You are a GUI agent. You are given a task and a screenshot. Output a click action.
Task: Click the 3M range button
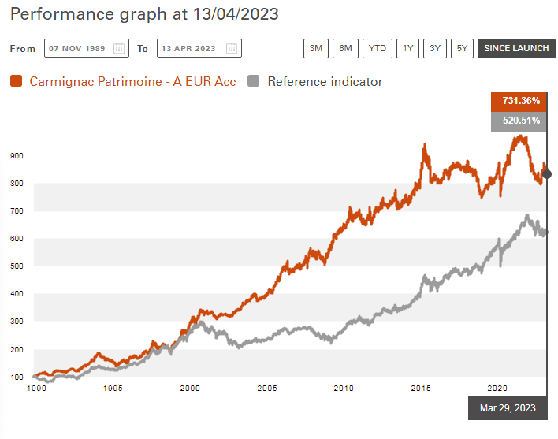coord(316,48)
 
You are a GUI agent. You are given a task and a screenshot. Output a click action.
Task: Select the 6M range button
coord(345,48)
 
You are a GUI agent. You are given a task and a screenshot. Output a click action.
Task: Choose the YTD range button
coord(378,48)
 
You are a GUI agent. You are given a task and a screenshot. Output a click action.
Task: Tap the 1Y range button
coord(407,48)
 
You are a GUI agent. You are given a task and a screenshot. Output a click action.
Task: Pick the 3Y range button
coord(434,48)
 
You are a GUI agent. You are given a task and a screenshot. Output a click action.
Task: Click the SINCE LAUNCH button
coord(515,48)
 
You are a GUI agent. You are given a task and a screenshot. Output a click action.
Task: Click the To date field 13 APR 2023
coord(199,48)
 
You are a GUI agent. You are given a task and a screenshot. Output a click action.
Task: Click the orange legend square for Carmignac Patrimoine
coord(16,81)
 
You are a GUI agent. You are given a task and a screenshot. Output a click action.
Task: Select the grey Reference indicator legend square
coord(254,81)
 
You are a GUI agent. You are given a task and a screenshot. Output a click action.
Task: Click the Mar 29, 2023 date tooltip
coord(508,407)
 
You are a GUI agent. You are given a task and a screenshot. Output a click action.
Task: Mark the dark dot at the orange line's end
coord(547,174)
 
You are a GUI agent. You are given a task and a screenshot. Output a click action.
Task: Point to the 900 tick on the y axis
coord(17,156)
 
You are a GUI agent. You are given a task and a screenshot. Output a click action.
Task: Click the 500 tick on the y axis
coord(17,266)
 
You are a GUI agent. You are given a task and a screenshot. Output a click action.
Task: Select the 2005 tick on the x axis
coord(266,389)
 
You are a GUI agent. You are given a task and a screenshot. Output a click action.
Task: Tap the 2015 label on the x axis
coord(419,389)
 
